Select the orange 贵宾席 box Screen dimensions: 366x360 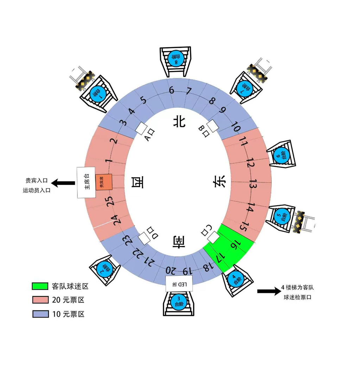pos(103,182)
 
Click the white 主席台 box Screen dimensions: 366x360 pos(86,182)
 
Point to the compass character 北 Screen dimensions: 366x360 pos(179,122)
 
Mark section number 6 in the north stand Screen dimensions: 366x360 pos(171,90)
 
